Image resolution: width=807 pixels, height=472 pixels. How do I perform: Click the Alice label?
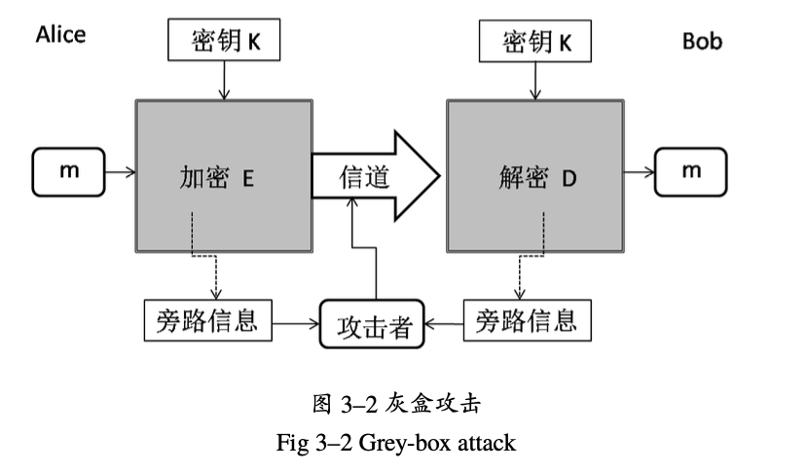[x=60, y=35]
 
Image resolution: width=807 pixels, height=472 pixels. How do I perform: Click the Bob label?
[x=702, y=42]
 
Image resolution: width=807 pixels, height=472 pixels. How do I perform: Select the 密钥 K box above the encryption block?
[x=226, y=42]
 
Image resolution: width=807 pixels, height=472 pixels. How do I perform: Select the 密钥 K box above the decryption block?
[x=532, y=42]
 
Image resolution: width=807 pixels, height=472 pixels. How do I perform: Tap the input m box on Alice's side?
[x=69, y=172]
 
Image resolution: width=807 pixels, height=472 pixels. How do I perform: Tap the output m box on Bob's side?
[x=691, y=172]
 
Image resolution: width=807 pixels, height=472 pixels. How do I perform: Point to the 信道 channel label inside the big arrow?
[x=363, y=176]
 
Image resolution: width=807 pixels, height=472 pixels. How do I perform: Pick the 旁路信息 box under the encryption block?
[x=206, y=320]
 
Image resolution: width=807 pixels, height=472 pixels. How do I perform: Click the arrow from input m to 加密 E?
[x=119, y=173]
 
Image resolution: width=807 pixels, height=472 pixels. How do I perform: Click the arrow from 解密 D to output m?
[x=639, y=173]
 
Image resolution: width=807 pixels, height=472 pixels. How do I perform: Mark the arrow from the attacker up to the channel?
[x=375, y=253]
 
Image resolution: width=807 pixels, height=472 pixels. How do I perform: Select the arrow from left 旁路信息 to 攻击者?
[x=296, y=320]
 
